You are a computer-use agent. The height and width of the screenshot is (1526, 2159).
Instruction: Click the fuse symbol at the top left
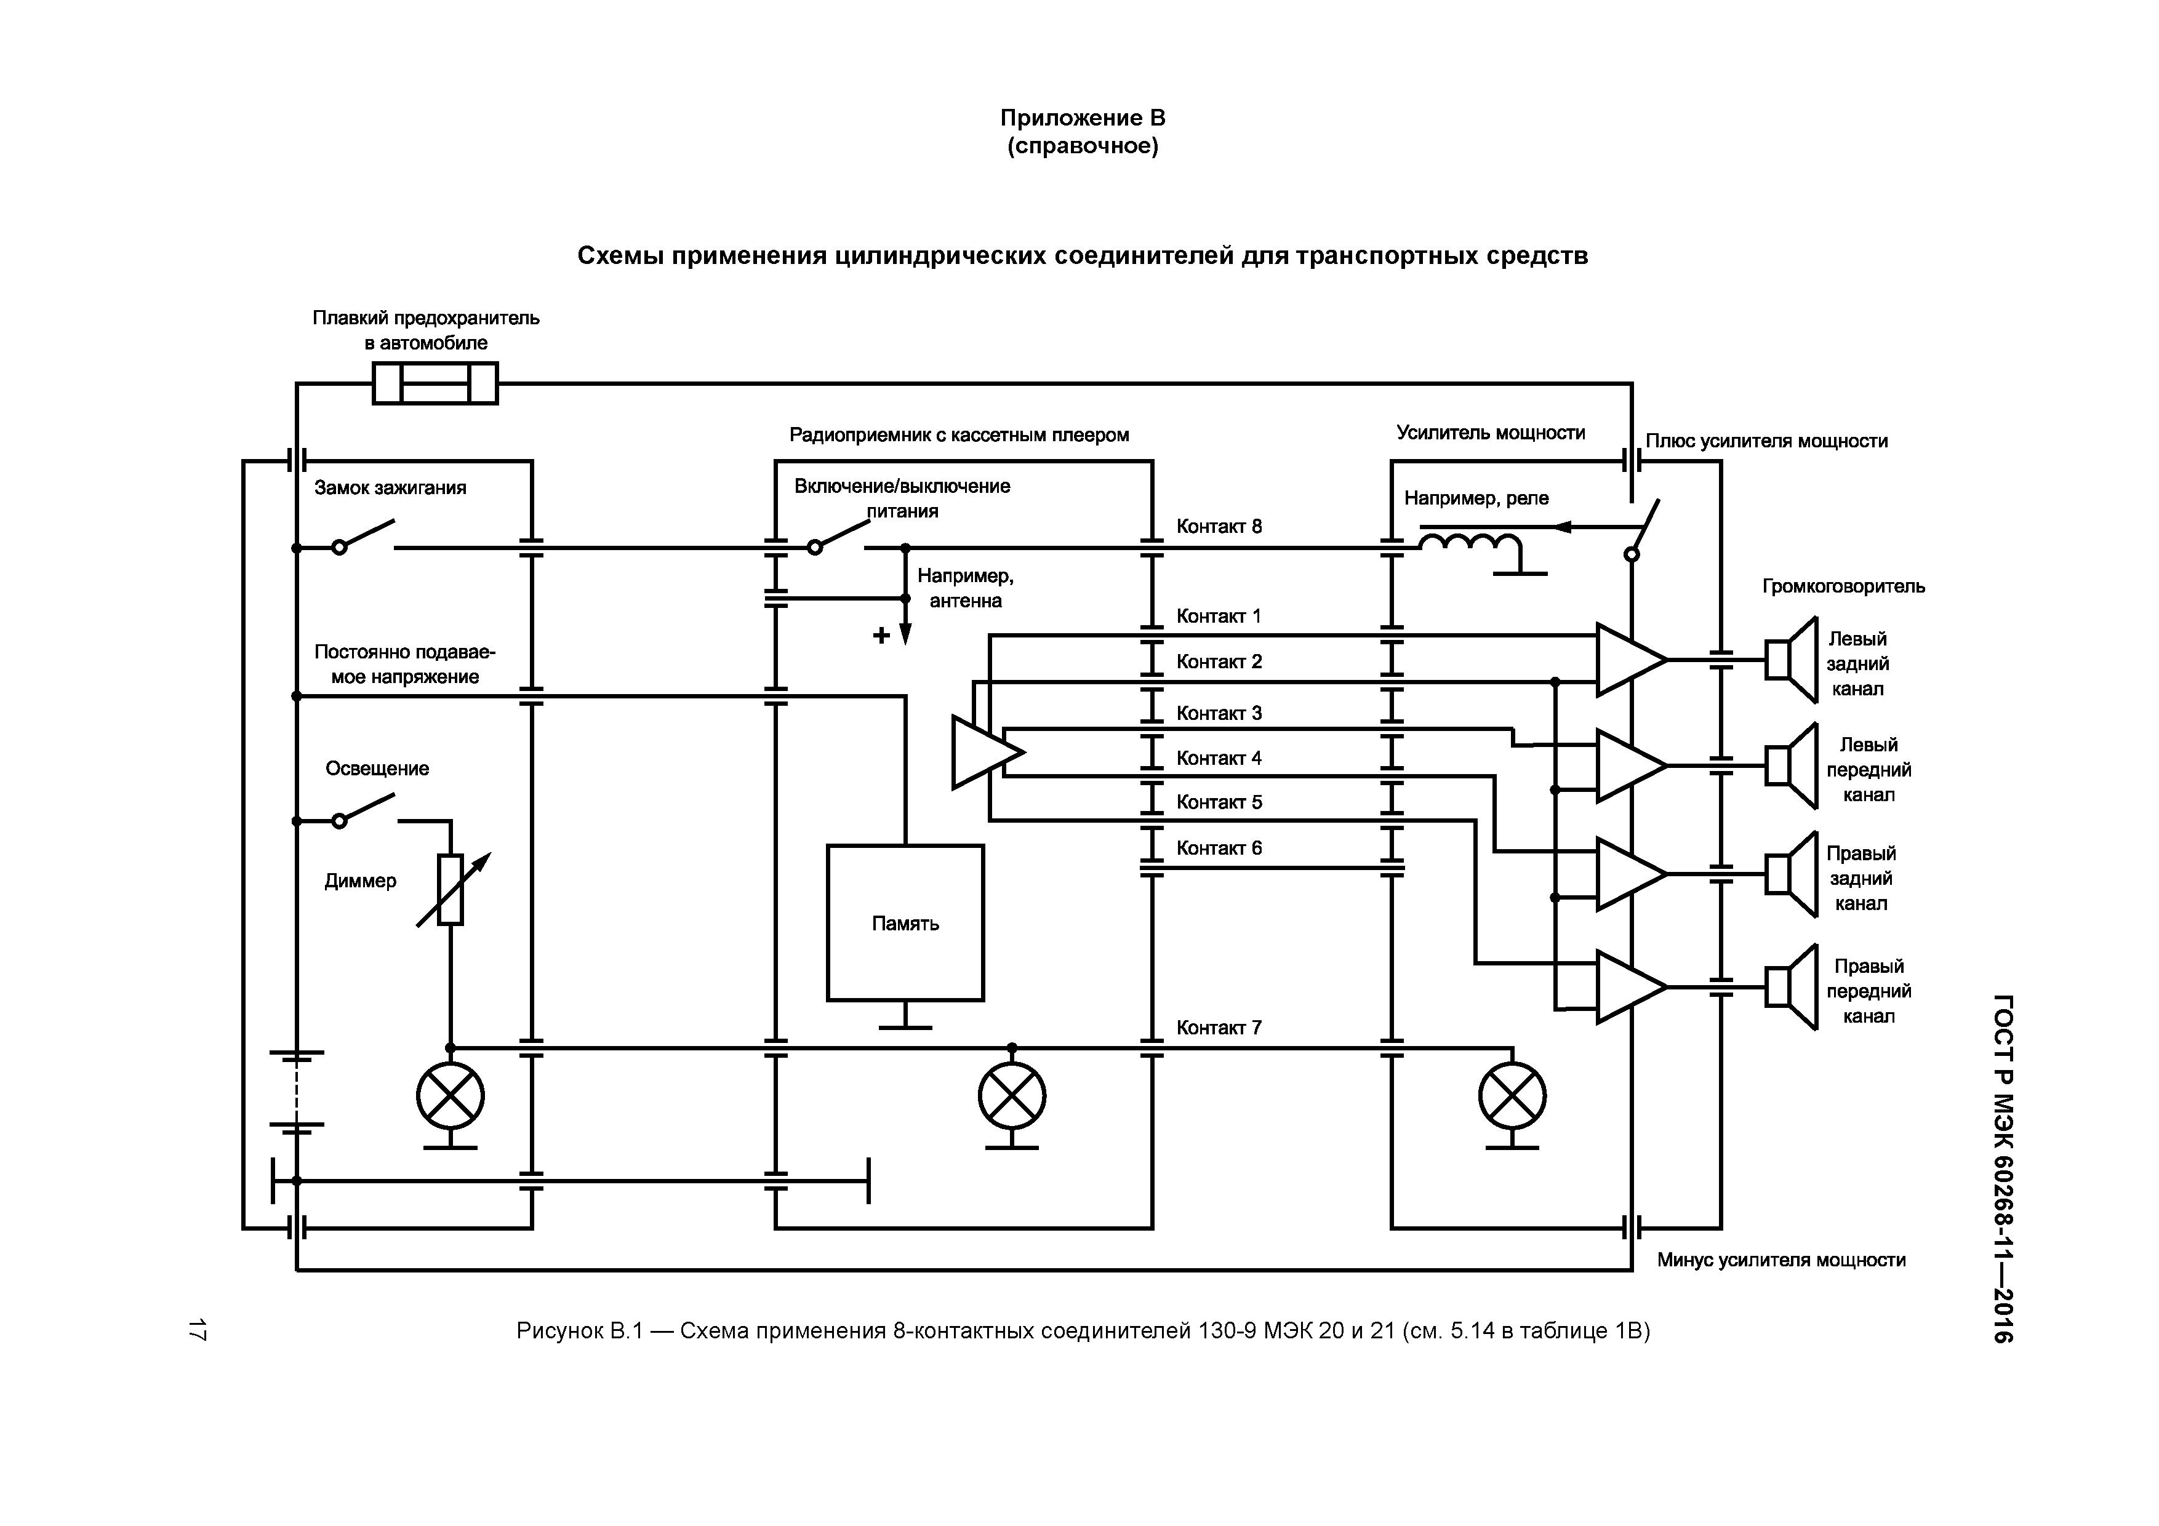pos(435,383)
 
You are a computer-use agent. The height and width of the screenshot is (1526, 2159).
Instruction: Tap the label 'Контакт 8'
pos(1219,527)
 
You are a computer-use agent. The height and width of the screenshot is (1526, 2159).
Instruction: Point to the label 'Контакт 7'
pos(1219,1028)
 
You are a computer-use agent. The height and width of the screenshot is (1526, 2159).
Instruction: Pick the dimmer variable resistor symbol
pos(451,890)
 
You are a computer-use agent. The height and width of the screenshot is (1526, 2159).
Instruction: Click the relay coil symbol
pos(1470,545)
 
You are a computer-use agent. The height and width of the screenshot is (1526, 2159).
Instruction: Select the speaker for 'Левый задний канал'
pos(1790,659)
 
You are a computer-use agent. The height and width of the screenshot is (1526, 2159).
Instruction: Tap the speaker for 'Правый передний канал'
pos(1790,986)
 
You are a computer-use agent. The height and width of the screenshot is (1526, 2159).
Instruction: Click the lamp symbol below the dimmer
pos(451,1097)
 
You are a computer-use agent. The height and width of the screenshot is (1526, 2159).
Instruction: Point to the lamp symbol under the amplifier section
pos(1512,1097)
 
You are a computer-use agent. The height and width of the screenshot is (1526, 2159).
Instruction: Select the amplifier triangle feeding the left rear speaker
pos(1630,659)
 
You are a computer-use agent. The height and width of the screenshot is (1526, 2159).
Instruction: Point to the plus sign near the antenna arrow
pos(881,636)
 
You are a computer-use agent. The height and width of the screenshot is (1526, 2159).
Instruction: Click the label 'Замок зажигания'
pos(390,488)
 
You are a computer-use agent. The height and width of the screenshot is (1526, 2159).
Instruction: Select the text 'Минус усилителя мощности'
pos(1781,1260)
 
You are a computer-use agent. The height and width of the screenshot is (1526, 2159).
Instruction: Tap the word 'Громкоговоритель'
pos(1843,586)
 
